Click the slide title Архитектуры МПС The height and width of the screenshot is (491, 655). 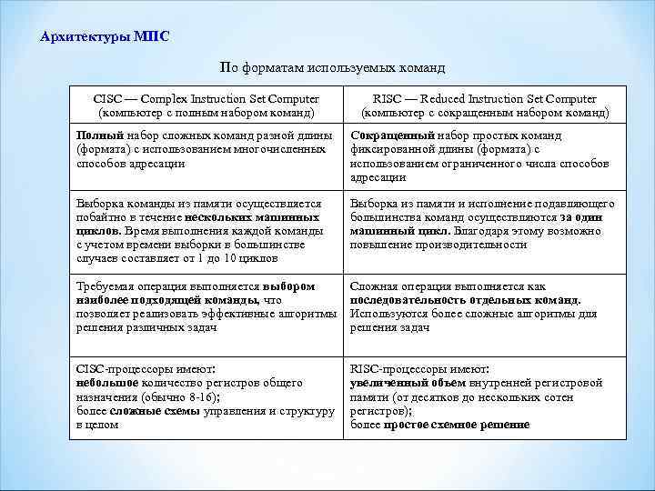tap(105, 37)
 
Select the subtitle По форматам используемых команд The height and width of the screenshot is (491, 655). tap(333, 68)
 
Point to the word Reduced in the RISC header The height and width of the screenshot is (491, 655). tap(447, 98)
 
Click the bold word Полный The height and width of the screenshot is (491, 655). tap(95, 135)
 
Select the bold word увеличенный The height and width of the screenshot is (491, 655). tap(383, 384)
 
